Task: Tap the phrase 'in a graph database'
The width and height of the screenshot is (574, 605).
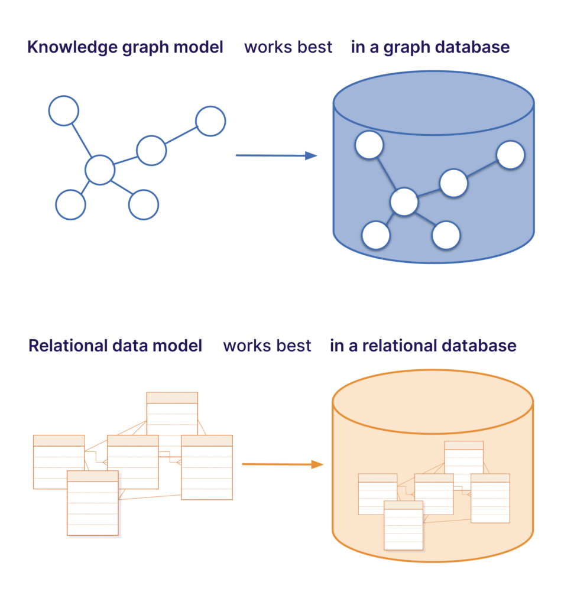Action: pos(430,47)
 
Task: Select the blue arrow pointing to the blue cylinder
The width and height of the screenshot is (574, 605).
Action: pos(276,155)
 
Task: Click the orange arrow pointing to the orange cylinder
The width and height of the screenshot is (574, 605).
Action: pos(282,464)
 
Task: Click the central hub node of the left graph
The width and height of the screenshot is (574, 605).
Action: pos(99,170)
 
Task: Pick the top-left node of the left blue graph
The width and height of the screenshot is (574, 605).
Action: pos(63,110)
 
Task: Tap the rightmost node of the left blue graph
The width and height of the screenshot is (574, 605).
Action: pos(210,121)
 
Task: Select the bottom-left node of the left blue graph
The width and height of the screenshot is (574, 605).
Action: pos(70,205)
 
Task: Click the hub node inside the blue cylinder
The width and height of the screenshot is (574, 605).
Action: pos(404,202)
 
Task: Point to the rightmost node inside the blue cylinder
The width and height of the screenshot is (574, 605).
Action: pos(510,155)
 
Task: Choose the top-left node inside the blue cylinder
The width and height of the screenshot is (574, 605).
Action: pos(369,145)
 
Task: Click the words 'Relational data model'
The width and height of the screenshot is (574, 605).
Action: pos(115,346)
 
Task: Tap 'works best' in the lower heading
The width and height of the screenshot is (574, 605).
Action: pos(267,346)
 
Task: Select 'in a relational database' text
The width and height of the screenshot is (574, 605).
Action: pos(423,346)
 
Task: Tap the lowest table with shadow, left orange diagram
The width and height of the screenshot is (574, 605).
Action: pos(93,503)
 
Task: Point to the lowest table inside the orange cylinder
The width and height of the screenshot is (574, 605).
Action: pos(403,525)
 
